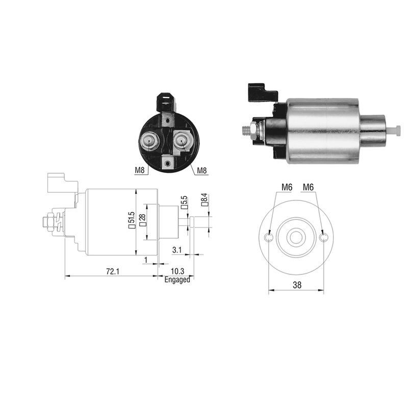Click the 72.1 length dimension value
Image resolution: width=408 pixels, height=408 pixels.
[112, 271]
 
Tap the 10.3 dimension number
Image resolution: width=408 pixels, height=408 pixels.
[177, 271]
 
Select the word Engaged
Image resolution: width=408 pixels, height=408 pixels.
[177, 279]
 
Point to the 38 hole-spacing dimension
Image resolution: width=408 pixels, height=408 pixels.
[297, 285]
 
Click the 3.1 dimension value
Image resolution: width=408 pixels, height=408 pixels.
[177, 250]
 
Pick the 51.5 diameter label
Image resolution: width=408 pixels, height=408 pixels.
[132, 220]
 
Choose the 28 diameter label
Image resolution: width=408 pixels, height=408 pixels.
[143, 220]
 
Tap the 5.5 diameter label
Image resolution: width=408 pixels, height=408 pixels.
[184, 202]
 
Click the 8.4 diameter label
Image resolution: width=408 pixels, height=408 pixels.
[205, 199]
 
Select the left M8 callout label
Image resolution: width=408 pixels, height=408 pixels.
[139, 170]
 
